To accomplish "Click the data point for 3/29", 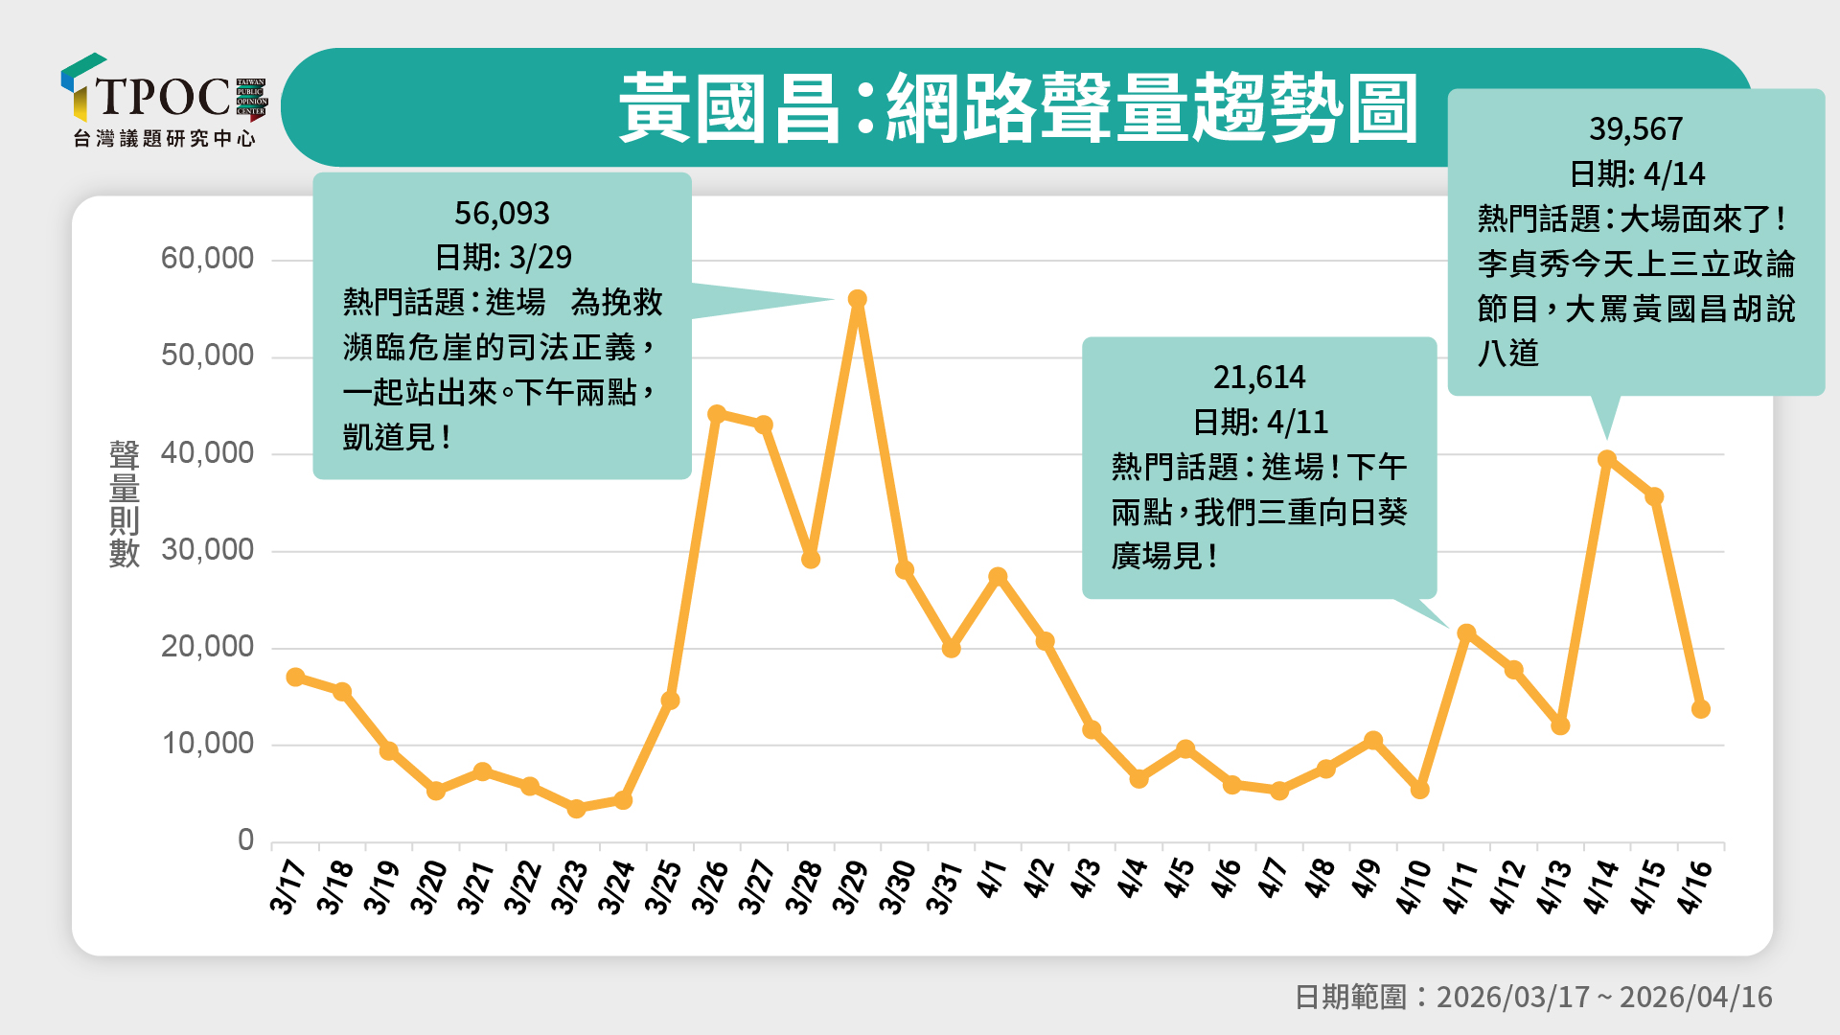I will coord(858,300).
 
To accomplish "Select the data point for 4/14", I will coord(1607,460).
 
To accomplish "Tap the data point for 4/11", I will coord(1466,633).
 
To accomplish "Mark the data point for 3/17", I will coord(295,678).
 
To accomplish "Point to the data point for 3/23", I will coord(576,809).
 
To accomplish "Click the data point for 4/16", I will coord(1701,709).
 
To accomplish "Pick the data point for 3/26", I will coord(717,414).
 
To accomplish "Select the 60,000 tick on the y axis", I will coord(207,259).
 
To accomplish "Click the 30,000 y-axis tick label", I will coord(207,550).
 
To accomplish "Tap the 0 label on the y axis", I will coord(246,840).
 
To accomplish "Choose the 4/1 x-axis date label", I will coord(992,879).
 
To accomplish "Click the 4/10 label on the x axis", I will coord(1413,886).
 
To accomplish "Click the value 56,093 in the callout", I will coord(502,213).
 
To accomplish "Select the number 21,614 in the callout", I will coord(1259,378).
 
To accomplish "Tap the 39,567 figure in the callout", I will coord(1636,129).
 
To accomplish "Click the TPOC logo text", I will coord(163,97).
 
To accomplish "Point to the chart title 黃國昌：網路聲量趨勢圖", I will coord(1018,108).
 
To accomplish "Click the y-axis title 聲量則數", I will coord(125,504).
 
